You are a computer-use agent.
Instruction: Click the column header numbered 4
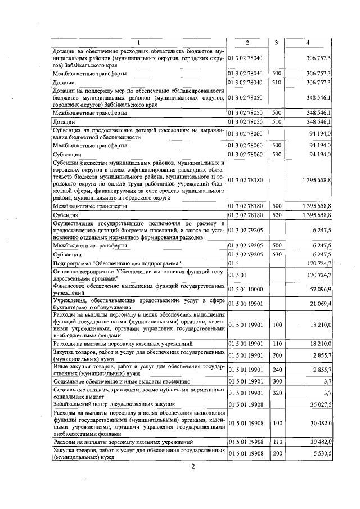click(x=307, y=43)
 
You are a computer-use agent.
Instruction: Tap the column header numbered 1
click(x=137, y=43)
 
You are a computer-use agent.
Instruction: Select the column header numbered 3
click(x=276, y=43)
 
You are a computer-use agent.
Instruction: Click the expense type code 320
click(x=276, y=392)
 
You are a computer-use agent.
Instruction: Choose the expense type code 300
click(x=276, y=381)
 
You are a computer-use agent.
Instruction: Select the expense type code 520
click(x=276, y=215)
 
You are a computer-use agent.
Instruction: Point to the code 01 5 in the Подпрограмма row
click(x=233, y=263)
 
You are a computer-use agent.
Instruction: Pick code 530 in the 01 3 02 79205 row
click(x=276, y=254)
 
